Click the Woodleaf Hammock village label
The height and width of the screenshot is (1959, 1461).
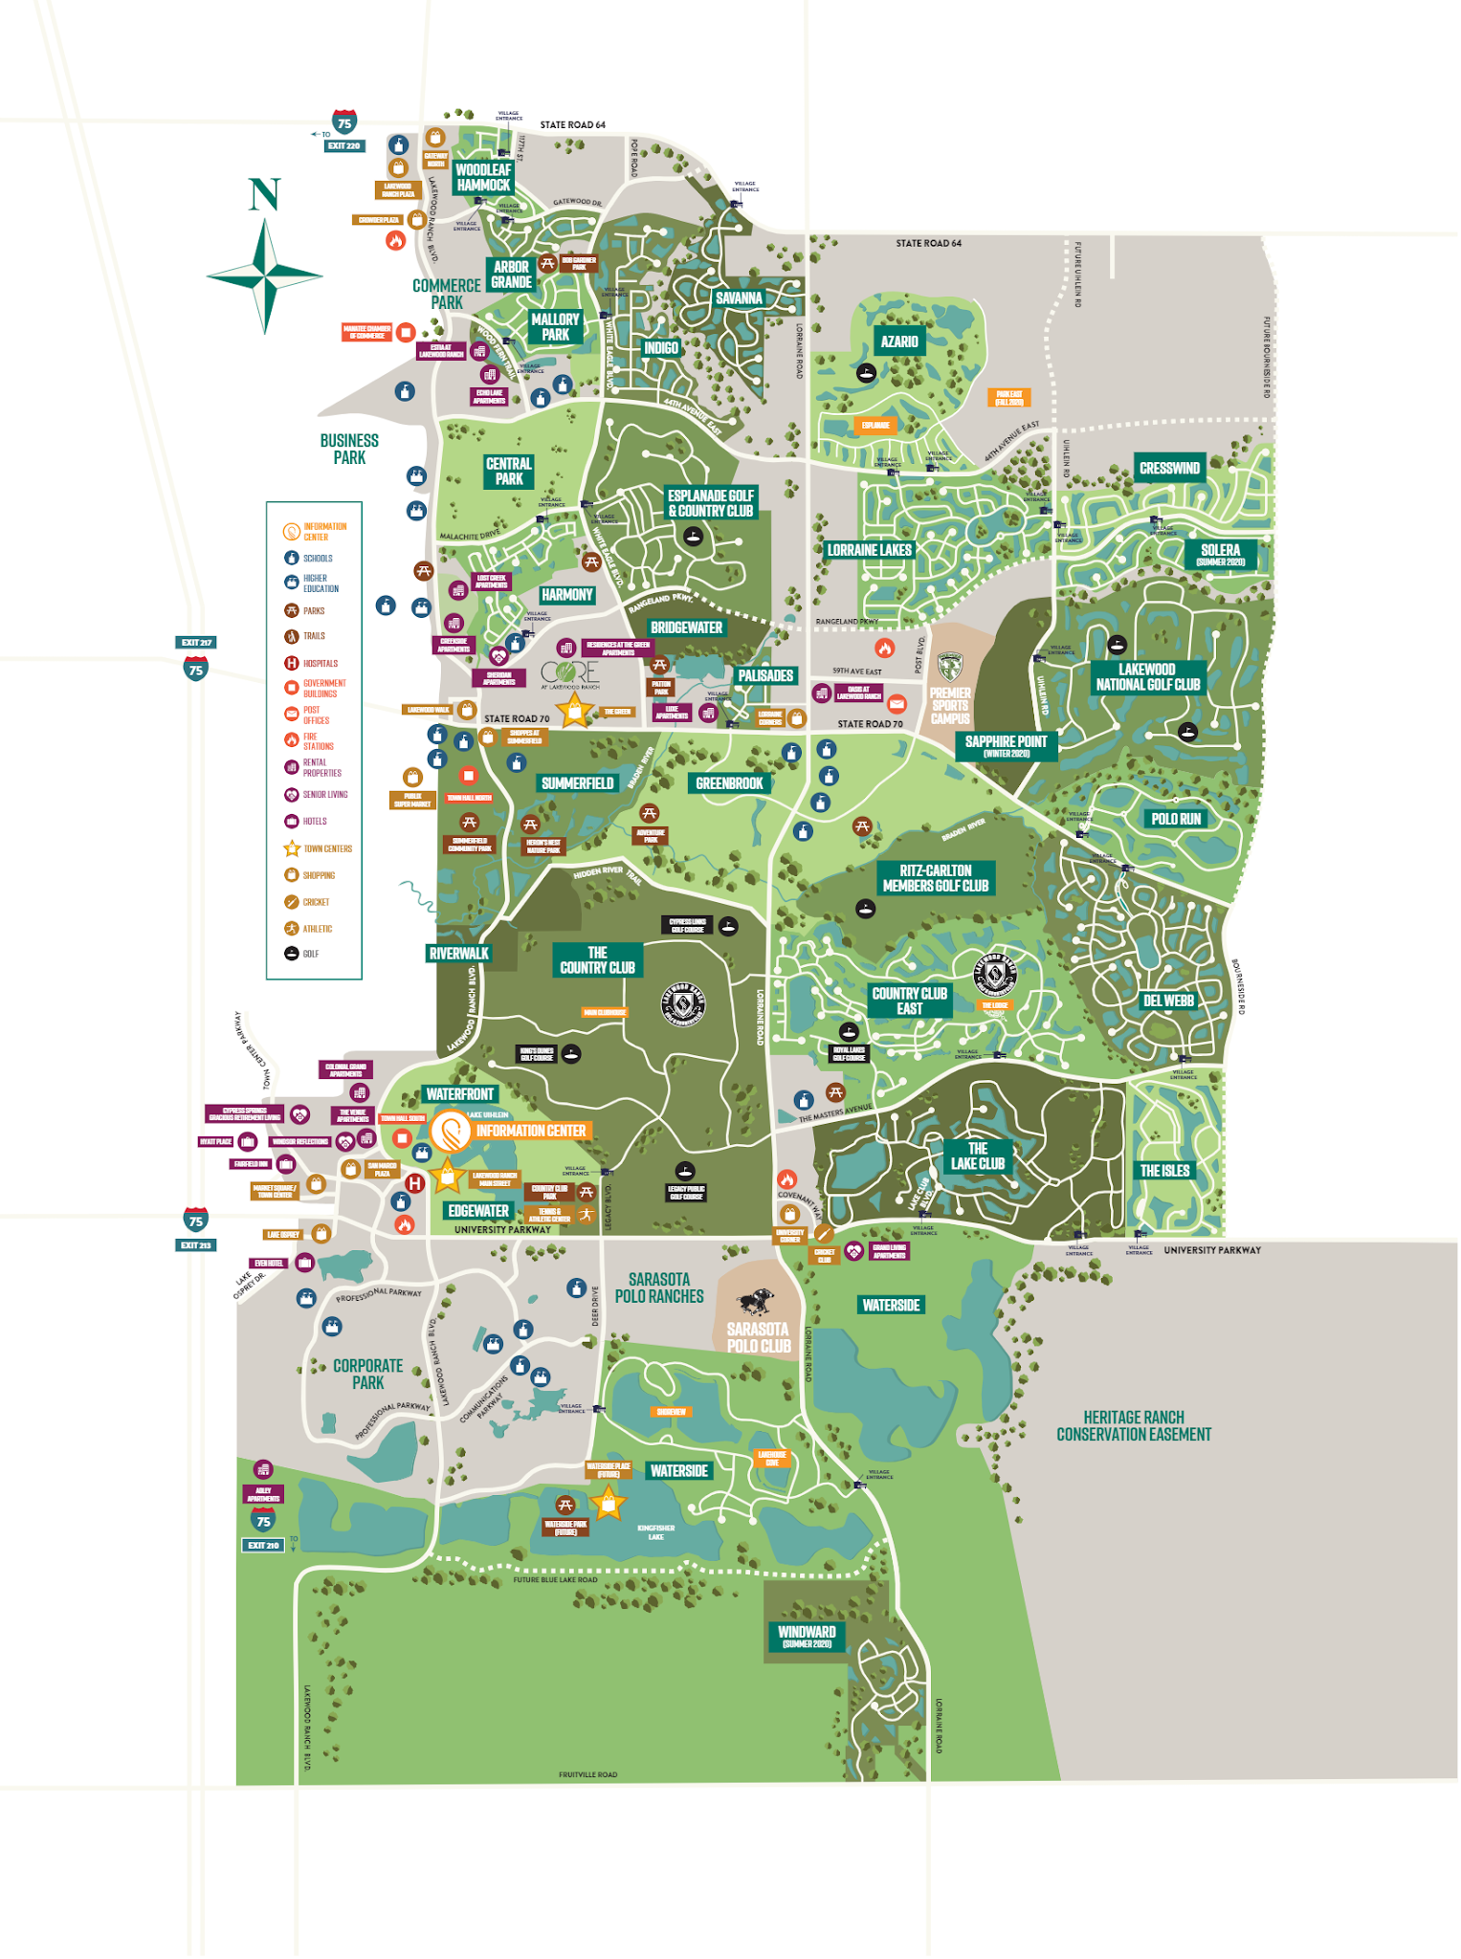(x=483, y=177)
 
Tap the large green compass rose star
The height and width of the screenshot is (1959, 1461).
(x=265, y=275)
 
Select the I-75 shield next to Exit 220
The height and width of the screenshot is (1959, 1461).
(x=344, y=121)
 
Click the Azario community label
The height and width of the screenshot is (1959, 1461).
(x=898, y=341)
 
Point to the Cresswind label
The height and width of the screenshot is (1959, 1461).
(x=1169, y=468)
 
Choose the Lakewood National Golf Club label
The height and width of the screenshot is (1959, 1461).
(x=1147, y=676)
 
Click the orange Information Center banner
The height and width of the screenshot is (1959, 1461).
(x=530, y=1131)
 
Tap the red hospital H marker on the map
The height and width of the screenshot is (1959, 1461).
(x=414, y=1183)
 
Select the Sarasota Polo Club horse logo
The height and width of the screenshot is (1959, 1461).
(x=756, y=1302)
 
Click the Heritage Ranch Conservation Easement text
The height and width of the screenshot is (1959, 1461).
(x=1133, y=1425)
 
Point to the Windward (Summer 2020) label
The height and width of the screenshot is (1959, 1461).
(x=807, y=1637)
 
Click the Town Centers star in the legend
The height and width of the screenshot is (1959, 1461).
(x=292, y=848)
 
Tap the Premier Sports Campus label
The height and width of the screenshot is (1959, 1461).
(x=950, y=705)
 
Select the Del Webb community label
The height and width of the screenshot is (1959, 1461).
(x=1168, y=1001)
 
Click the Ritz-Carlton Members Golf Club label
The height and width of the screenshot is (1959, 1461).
(x=935, y=878)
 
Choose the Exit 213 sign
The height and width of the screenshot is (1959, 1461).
(x=196, y=1245)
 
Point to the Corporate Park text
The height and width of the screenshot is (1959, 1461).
(x=368, y=1374)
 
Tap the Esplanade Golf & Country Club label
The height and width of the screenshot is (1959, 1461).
(x=710, y=503)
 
